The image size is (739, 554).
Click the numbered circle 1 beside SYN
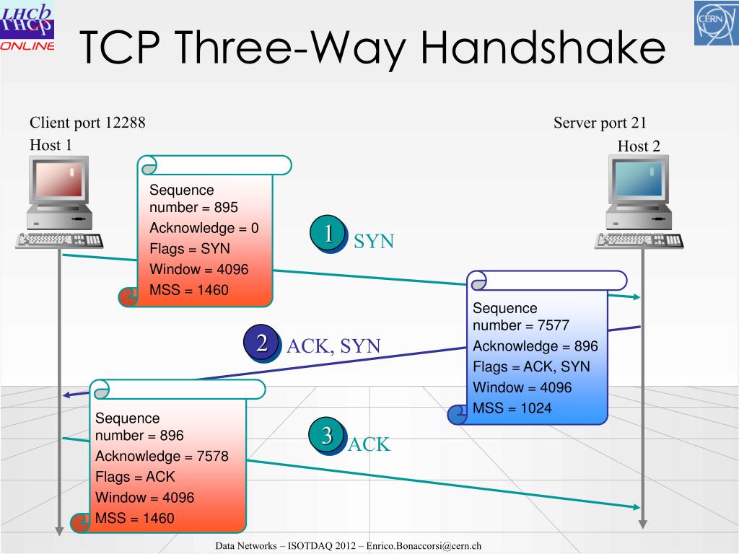pos(328,234)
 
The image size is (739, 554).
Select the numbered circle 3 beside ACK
pos(326,436)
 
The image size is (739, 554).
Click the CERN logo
pos(715,23)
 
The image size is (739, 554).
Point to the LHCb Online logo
pos(27,27)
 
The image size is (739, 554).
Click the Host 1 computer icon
pos(58,203)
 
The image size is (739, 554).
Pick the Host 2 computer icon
pos(639,203)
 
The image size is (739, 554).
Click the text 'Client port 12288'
pos(87,123)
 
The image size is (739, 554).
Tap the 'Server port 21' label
pos(600,123)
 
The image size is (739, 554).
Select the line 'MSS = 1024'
pos(512,408)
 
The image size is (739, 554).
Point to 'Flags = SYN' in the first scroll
pos(190,249)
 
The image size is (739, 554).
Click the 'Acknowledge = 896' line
pos(535,346)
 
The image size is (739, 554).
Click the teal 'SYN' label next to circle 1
pos(374,242)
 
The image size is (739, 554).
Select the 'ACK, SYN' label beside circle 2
pos(333,346)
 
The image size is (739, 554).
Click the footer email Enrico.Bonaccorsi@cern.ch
pos(424,546)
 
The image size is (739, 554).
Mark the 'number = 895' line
pos(193,208)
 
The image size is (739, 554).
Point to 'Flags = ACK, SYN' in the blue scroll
pos(531,366)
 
